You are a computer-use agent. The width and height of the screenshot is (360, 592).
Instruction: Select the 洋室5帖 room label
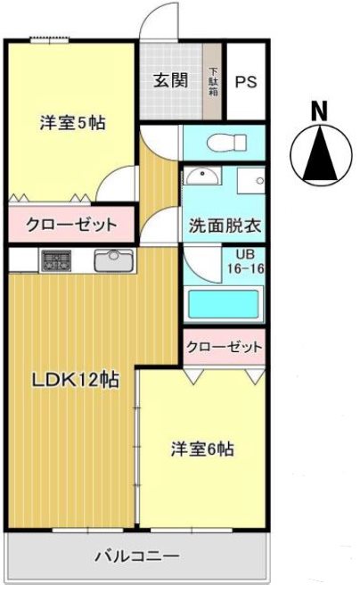click(x=72, y=124)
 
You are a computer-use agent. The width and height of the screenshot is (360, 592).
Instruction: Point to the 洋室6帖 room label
click(x=203, y=450)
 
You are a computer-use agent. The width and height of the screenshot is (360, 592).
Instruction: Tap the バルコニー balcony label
click(x=137, y=555)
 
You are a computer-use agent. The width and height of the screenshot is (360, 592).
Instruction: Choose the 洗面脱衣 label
click(x=224, y=226)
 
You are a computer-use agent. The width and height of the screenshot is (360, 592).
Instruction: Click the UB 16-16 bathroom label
click(x=242, y=260)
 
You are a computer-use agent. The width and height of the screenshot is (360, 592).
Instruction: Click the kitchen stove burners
click(x=55, y=260)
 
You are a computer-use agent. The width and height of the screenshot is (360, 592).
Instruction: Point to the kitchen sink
click(x=113, y=260)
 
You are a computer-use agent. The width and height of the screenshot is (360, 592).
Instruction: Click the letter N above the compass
click(x=317, y=111)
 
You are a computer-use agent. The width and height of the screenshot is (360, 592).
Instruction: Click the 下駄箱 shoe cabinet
click(x=214, y=81)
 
